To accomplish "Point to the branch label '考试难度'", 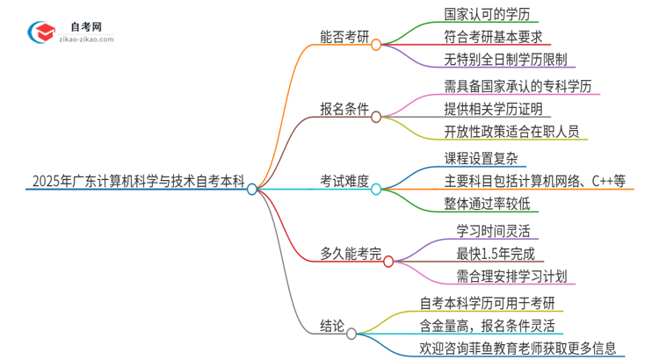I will pyautogui.click(x=344, y=182).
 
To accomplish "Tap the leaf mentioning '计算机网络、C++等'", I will pyautogui.click(x=535, y=182).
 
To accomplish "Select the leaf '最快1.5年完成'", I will pyautogui.click(x=489, y=254).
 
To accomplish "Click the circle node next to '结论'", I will pyautogui.click(x=351, y=334).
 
